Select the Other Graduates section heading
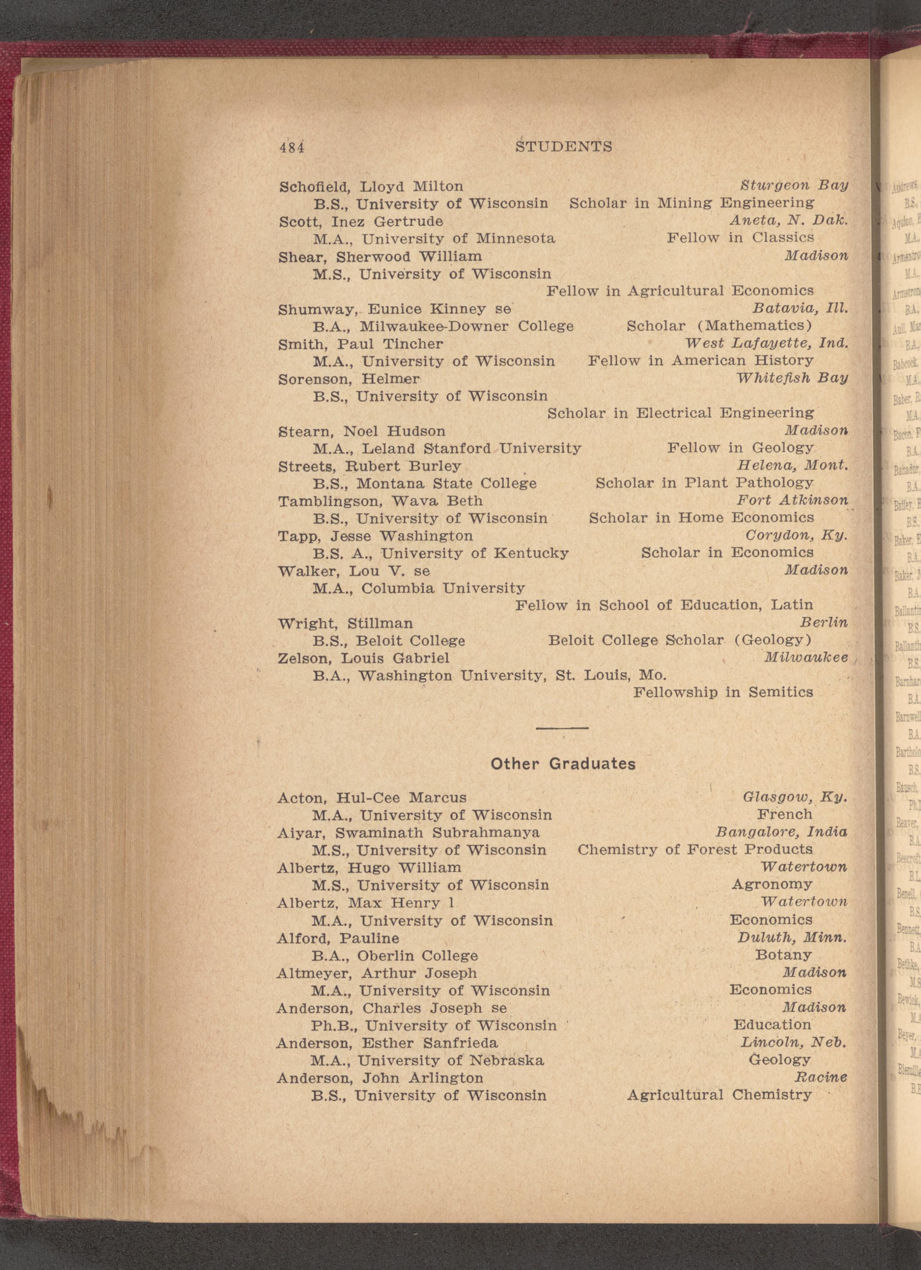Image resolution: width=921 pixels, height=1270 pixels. (x=563, y=764)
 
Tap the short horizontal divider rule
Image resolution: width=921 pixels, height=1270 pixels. (x=562, y=728)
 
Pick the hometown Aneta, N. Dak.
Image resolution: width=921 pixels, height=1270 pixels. (x=789, y=221)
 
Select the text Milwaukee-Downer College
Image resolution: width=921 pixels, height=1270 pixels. (x=466, y=326)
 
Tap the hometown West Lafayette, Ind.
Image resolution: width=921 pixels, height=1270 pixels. (x=766, y=343)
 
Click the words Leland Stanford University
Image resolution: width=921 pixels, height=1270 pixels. (x=471, y=448)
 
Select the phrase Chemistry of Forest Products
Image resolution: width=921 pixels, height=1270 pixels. (x=695, y=850)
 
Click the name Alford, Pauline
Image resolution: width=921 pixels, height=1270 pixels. (x=338, y=938)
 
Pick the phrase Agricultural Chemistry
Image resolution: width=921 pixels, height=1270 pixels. (x=719, y=1095)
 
